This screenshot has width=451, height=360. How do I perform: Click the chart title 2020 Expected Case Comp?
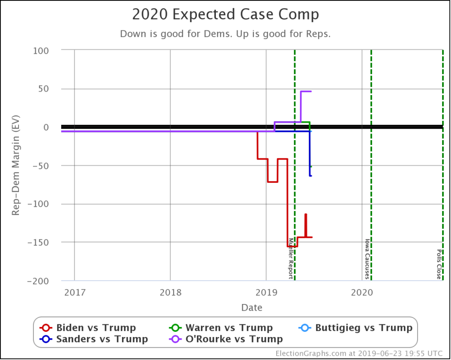pyautogui.click(x=225, y=15)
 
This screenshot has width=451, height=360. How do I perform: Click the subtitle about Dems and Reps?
pyautogui.click(x=225, y=34)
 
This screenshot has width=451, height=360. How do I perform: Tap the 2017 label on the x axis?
pyautogui.click(x=74, y=291)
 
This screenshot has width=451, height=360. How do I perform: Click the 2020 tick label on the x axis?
pyautogui.click(x=362, y=291)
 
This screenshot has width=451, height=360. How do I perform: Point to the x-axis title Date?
pyautogui.click(x=251, y=308)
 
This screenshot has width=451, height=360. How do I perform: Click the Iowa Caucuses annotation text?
pyautogui.click(x=367, y=259)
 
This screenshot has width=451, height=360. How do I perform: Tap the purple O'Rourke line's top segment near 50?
pyautogui.click(x=306, y=91)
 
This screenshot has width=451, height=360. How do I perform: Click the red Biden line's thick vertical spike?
pyautogui.click(x=306, y=225)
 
